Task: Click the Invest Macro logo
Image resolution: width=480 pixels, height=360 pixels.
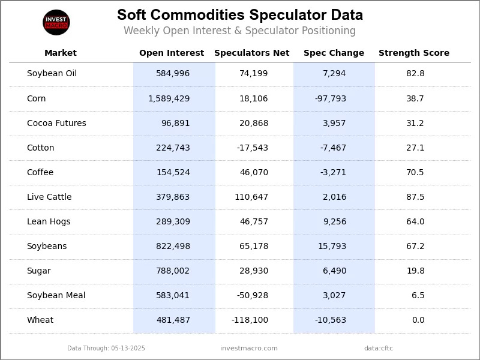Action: (x=56, y=23)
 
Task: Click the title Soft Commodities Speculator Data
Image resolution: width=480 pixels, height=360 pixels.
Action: (x=239, y=15)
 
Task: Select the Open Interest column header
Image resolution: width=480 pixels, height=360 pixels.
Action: (x=172, y=53)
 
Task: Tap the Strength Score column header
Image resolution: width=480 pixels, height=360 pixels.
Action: (x=413, y=53)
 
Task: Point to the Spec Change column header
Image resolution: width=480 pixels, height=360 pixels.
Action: (x=334, y=53)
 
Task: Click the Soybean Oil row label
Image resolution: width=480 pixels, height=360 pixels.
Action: (x=52, y=74)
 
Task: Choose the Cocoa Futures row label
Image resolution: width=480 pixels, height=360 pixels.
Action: (x=56, y=123)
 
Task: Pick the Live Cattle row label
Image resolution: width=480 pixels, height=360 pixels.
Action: (x=49, y=197)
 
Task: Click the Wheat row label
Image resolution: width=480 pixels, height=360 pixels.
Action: (x=40, y=320)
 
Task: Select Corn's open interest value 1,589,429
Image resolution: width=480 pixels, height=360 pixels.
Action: (x=169, y=98)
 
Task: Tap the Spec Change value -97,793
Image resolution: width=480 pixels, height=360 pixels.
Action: (x=331, y=98)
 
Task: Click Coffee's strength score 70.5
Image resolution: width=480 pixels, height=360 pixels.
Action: (x=415, y=172)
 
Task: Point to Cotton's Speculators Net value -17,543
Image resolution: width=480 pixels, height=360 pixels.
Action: (x=253, y=148)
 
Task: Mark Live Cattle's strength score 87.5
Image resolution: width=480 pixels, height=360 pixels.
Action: (x=415, y=197)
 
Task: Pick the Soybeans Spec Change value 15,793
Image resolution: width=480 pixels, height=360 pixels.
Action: (x=332, y=246)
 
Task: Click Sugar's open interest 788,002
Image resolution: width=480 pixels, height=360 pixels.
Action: (x=173, y=271)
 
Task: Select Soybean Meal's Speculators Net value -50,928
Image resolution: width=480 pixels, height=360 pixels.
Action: (x=253, y=295)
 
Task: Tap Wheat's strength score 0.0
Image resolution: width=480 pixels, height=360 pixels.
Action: (x=418, y=320)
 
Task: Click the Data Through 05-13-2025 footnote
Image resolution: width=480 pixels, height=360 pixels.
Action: (x=106, y=348)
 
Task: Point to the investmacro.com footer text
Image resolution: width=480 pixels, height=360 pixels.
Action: (x=249, y=348)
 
